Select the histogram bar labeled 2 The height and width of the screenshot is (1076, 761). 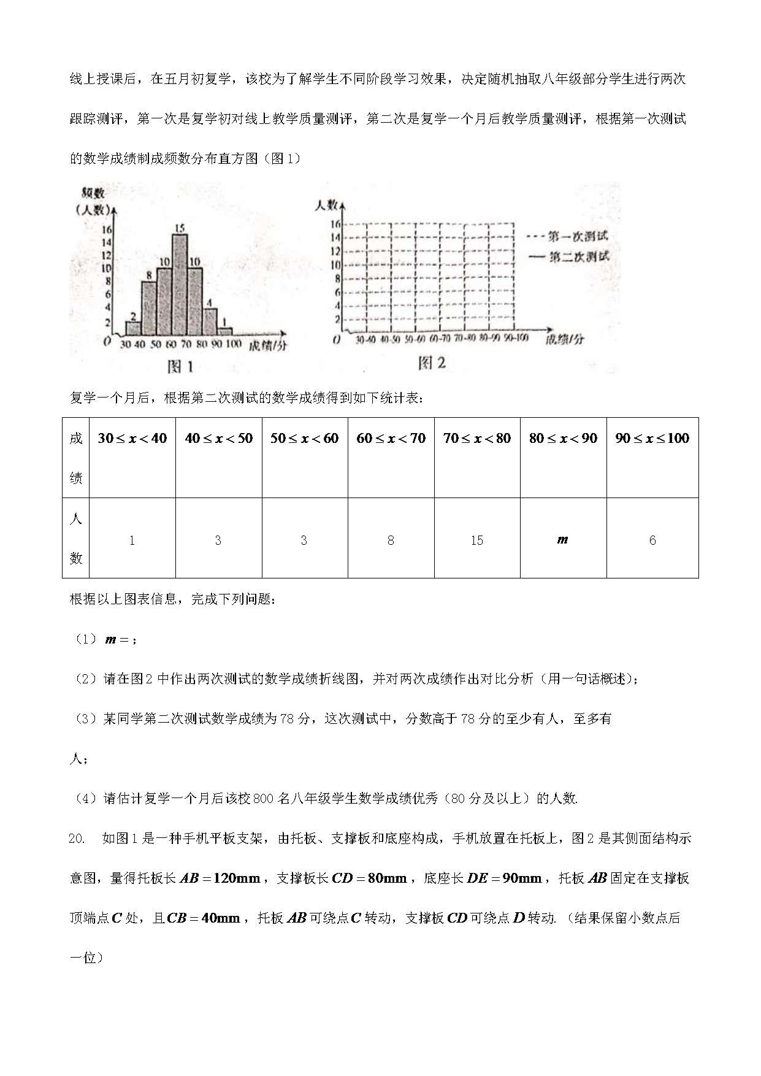pyautogui.click(x=132, y=329)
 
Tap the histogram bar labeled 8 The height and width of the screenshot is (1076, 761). pyautogui.click(x=148, y=308)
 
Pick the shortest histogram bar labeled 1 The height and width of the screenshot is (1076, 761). pyautogui.click(x=225, y=331)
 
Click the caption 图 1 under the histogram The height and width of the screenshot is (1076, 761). pyautogui.click(x=180, y=367)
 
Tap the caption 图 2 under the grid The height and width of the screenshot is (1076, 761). pyautogui.click(x=431, y=363)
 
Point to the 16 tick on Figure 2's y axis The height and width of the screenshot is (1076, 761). pyautogui.click(x=335, y=224)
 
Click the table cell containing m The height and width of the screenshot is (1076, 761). pyautogui.click(x=563, y=540)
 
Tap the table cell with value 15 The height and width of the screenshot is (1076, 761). pyautogui.click(x=477, y=540)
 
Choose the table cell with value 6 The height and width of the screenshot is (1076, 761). pyautogui.click(x=652, y=540)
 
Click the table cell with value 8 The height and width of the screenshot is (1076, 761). pyautogui.click(x=391, y=540)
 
